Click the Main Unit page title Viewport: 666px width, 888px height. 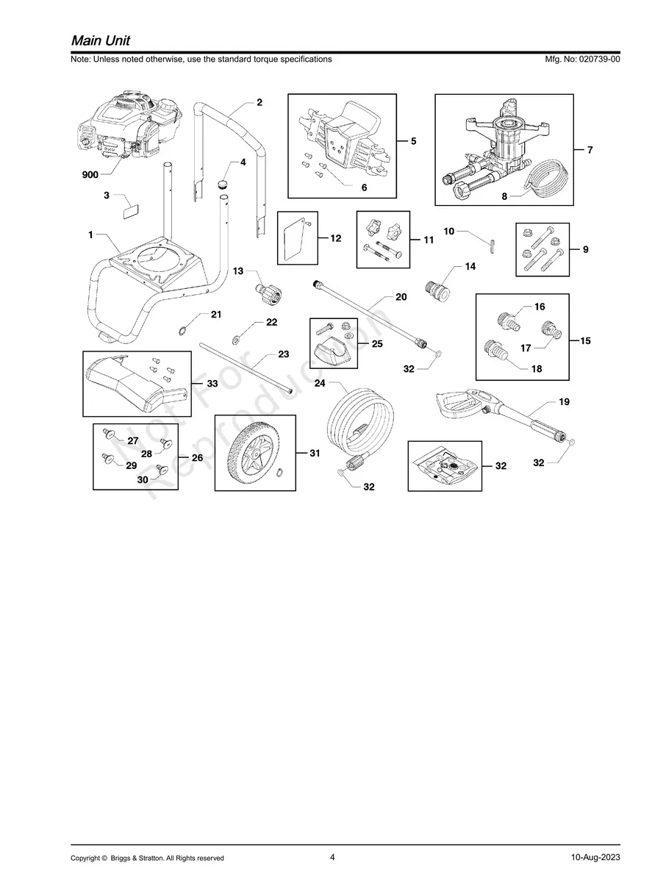[x=101, y=40]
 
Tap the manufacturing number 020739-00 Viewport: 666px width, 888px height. [x=599, y=59]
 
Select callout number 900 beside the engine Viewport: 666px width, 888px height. [x=90, y=175]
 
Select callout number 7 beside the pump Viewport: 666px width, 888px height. [x=590, y=150]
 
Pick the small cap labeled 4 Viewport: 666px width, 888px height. [x=223, y=185]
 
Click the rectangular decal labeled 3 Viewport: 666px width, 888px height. [x=131, y=212]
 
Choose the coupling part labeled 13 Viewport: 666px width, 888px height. [x=268, y=290]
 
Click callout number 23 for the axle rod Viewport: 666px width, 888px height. [x=284, y=354]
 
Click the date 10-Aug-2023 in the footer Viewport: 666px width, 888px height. [x=595, y=857]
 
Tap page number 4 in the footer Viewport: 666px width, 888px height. [x=332, y=857]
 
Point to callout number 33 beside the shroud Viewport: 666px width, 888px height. [x=212, y=383]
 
